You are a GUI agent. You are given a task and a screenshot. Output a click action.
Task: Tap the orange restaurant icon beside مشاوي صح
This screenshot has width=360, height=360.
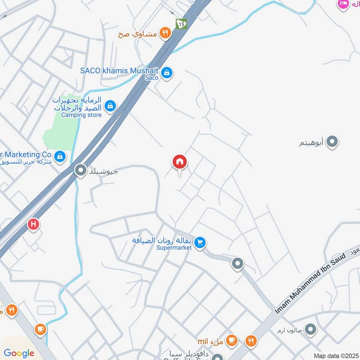[166, 33]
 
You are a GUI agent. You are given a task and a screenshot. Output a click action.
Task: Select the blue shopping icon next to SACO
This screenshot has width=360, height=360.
[167, 72]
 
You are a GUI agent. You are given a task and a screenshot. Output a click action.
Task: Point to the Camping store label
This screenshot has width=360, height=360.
[81, 115]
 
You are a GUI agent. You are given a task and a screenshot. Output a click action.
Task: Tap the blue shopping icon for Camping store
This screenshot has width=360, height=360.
[109, 106]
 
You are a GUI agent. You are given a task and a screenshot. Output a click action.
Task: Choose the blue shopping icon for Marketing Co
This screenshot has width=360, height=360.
[60, 157]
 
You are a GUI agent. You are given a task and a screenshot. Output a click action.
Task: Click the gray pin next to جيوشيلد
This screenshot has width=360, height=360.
[81, 171]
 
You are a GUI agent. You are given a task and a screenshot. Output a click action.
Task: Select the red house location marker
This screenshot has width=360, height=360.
[180, 162]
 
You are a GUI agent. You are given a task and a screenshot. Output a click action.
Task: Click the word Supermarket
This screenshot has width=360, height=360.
[174, 247]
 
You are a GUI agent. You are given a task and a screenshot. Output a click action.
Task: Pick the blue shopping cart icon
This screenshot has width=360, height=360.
[200, 243]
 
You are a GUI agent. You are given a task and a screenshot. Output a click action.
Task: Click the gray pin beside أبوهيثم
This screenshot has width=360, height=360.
[332, 142]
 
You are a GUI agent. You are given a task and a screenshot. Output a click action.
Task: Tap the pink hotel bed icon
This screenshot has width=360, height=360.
[343, 4]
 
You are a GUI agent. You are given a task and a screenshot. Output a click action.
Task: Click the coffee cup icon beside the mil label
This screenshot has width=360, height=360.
[232, 340]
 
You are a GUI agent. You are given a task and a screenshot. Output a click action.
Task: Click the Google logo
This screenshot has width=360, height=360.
[19, 353]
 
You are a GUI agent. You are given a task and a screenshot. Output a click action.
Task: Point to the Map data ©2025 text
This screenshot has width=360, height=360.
[335, 355]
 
